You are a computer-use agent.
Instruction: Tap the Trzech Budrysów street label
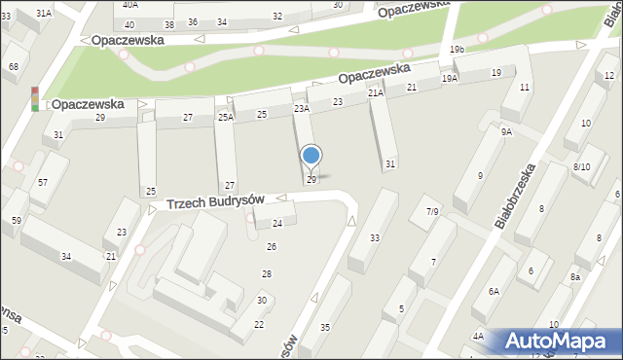pos(215,201)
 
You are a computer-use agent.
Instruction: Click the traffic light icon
pos(35,99)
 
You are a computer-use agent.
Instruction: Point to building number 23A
pos(302,109)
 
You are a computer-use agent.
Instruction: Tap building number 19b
pos(457,49)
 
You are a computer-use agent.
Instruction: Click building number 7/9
pos(432,211)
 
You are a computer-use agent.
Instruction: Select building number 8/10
pos(582,166)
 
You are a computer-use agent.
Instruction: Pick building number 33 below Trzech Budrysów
pos(375,237)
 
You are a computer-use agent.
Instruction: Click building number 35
pos(325,327)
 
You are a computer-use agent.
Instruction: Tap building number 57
pos(43,182)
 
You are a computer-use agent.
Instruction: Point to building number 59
pos(17,220)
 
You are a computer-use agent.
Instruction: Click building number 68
pos(14,66)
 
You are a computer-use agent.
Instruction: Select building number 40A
pos(129,5)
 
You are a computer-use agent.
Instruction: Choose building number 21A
pos(376,93)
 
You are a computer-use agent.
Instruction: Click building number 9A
pos(506,131)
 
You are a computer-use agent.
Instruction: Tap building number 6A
pos(494,291)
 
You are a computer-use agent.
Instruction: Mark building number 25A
pos(225,117)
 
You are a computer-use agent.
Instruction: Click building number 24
pos(276,224)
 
